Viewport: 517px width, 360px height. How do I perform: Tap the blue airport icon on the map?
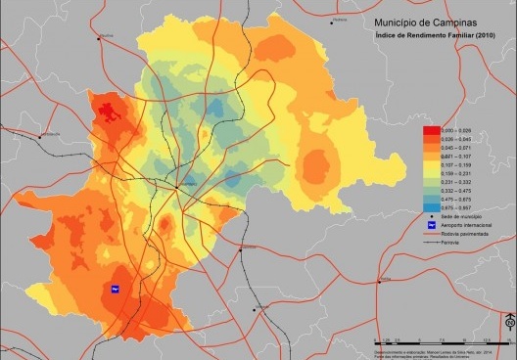point(115,289)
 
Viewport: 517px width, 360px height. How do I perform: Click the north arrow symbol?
point(509,323)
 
